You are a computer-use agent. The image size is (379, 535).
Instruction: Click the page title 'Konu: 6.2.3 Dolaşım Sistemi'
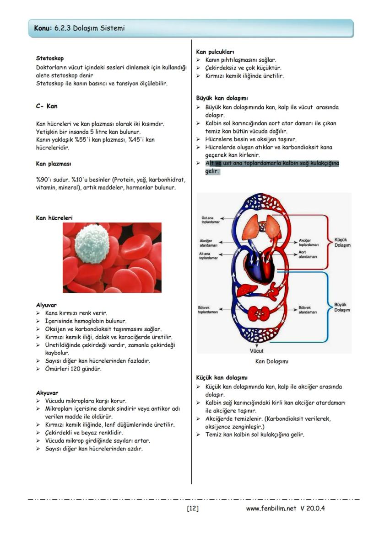pyautogui.click(x=79, y=28)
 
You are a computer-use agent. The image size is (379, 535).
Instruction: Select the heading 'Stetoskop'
pyautogui.click(x=50, y=58)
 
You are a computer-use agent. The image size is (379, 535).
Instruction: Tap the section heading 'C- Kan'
pyautogui.click(x=47, y=106)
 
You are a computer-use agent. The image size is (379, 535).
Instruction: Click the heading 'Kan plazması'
pyautogui.click(x=53, y=164)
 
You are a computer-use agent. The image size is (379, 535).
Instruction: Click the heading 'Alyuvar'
pyautogui.click(x=46, y=305)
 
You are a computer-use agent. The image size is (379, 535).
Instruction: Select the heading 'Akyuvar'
pyautogui.click(x=47, y=392)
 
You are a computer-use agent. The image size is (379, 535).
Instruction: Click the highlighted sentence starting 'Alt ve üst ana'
pyautogui.click(x=272, y=167)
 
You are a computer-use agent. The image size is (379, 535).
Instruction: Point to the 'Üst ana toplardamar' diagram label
pyautogui.click(x=210, y=220)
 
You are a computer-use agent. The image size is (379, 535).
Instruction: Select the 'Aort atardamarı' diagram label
pyautogui.click(x=305, y=254)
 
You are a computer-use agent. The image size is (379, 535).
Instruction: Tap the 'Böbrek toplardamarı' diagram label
pyautogui.click(x=208, y=310)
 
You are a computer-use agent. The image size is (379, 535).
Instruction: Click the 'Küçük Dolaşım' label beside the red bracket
pyautogui.click(x=342, y=242)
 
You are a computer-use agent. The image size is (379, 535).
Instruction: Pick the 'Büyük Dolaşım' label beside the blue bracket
pyautogui.click(x=342, y=307)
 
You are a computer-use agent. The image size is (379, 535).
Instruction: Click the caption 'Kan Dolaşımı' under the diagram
pyautogui.click(x=271, y=361)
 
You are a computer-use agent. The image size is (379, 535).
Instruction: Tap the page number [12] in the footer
pyautogui.click(x=193, y=508)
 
